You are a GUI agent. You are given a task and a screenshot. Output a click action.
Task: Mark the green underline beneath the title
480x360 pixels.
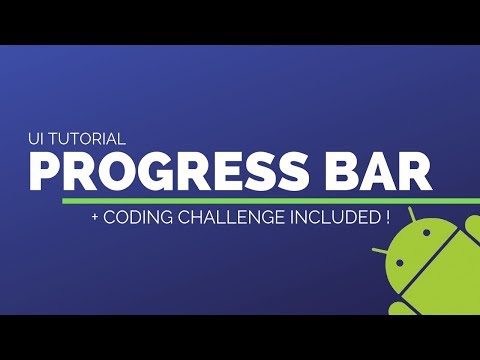point(250,199)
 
